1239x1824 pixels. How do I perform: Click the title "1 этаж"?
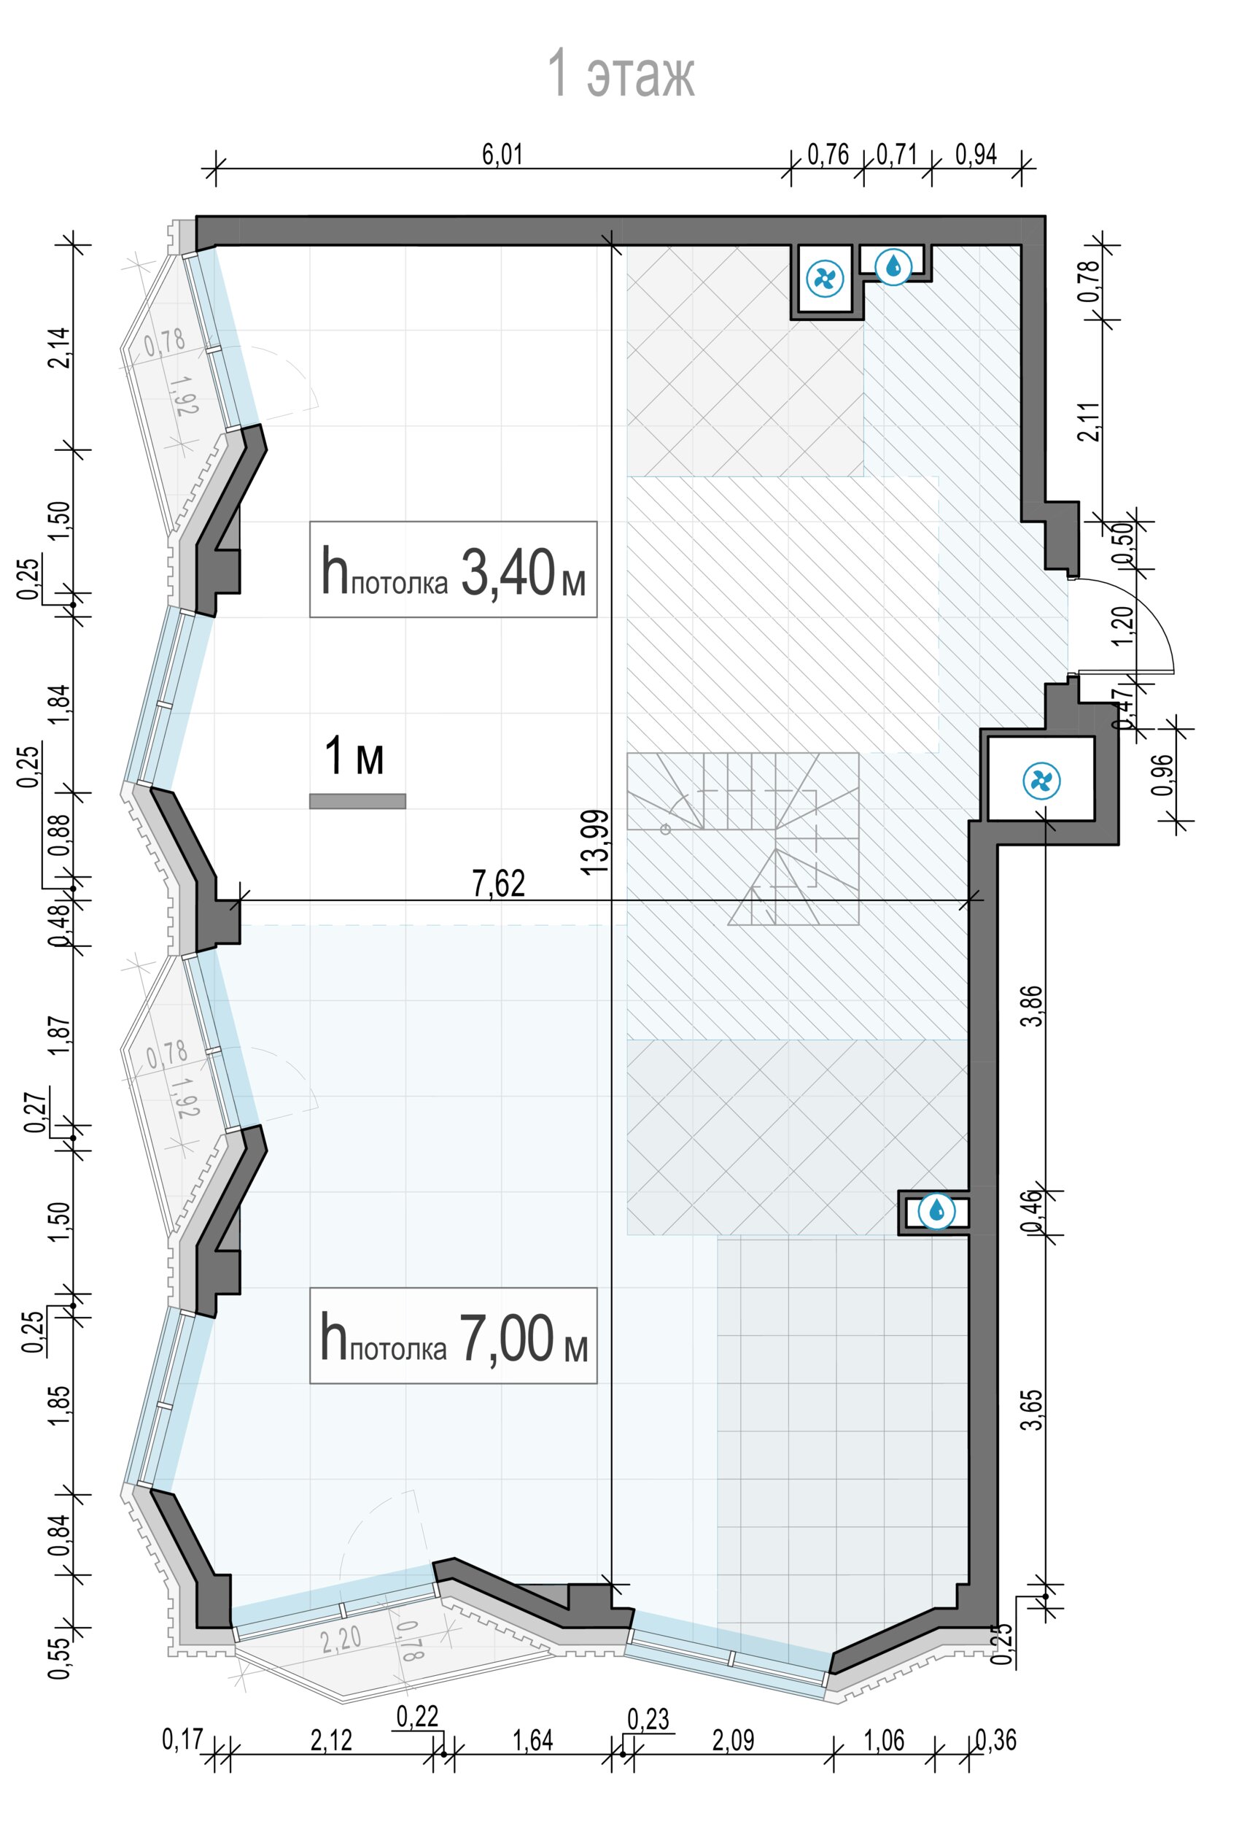coord(620,74)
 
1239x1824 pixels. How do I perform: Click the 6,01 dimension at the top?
coord(502,155)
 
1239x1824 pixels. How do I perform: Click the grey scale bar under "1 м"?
coord(358,800)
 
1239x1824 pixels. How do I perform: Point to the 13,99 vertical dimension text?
coord(597,840)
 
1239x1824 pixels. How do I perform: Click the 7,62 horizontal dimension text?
coord(499,884)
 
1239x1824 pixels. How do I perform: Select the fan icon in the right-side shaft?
coord(1041,780)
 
